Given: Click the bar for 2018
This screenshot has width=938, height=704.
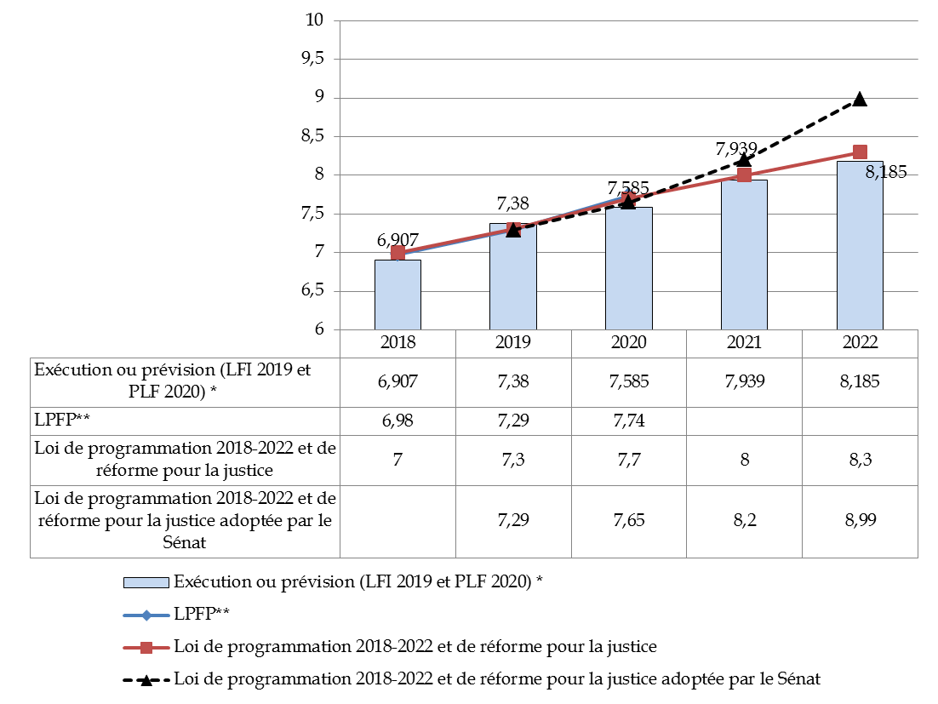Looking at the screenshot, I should tap(398, 295).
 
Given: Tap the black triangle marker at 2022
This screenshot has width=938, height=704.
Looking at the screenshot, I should tap(860, 99).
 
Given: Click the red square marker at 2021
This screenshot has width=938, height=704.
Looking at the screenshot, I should tap(744, 175).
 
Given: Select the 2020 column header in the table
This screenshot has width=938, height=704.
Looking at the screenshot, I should tap(628, 342).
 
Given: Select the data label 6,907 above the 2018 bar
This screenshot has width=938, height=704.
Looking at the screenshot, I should tap(398, 240).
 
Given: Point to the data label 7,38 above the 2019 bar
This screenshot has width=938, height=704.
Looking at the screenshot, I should tap(512, 204).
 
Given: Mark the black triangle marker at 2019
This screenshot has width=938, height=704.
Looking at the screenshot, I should tap(512, 230).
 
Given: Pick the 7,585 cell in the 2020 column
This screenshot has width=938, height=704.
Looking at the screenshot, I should tap(628, 381).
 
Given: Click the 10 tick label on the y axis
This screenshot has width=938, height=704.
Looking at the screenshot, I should tap(317, 20).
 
